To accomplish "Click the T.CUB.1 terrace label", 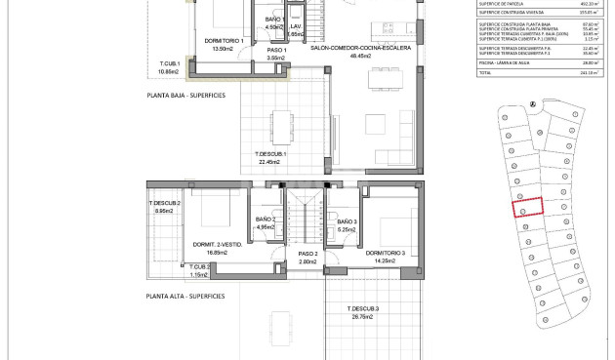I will (171, 64).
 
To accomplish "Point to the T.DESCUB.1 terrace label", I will (270, 154).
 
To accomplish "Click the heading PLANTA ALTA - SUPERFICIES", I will (185, 296).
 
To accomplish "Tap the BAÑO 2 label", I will (266, 220).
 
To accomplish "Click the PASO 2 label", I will (308, 254).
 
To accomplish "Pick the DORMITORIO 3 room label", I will (386, 254).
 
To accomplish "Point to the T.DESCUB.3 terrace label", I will (362, 309).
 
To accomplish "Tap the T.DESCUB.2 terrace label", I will (165, 203).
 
